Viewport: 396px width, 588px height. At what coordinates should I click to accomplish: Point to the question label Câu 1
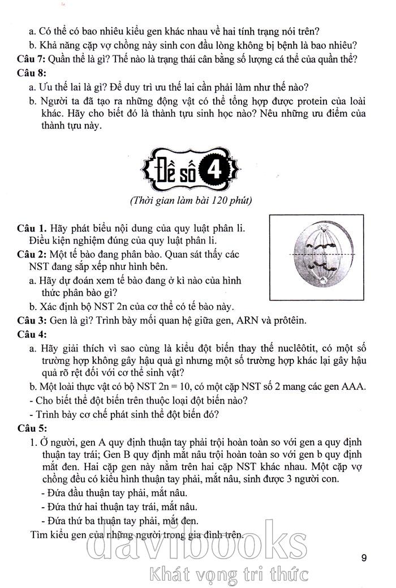[32, 230]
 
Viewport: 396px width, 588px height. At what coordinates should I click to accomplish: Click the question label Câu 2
[32, 255]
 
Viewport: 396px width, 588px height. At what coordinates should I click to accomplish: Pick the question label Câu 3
[32, 321]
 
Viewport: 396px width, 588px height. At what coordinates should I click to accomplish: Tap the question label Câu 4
[32, 334]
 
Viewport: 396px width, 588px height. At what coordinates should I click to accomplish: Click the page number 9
[364, 558]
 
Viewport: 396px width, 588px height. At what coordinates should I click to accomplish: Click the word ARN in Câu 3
[242, 321]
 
